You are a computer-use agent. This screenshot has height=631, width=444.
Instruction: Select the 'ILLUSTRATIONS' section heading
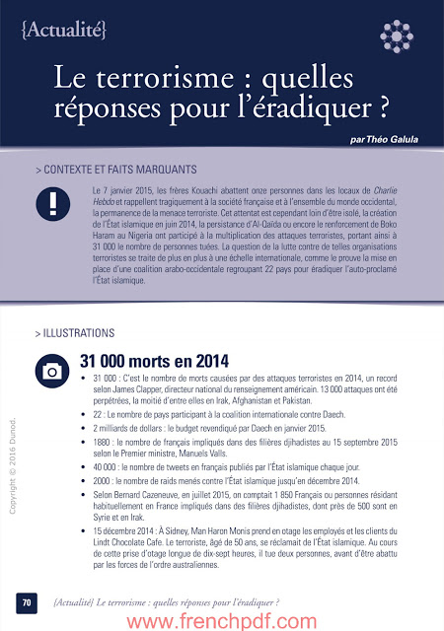77,333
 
